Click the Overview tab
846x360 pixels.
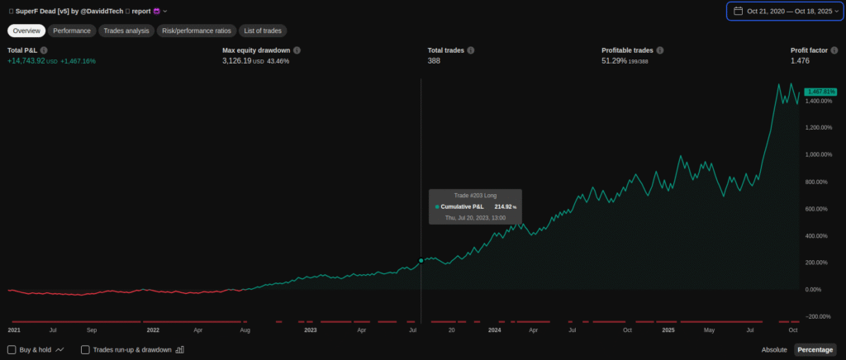pyautogui.click(x=26, y=31)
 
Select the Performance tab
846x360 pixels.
pyautogui.click(x=72, y=31)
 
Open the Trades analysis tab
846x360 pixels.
pyautogui.click(x=126, y=31)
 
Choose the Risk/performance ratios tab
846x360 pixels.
pyautogui.click(x=196, y=31)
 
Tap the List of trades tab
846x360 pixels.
pyautogui.click(x=263, y=31)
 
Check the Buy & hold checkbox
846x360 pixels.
pyautogui.click(x=12, y=349)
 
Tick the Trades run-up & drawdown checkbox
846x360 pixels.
pyautogui.click(x=85, y=349)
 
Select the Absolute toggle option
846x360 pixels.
pyautogui.click(x=774, y=349)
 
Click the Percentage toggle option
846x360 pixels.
pyautogui.click(x=815, y=349)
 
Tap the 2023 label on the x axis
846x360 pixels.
pyautogui.click(x=311, y=329)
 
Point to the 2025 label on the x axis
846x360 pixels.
pyautogui.click(x=668, y=329)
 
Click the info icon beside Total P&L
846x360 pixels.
pyautogui.click(x=44, y=50)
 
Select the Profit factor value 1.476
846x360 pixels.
pyautogui.click(x=801, y=61)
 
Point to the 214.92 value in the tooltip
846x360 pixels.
pyautogui.click(x=503, y=206)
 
